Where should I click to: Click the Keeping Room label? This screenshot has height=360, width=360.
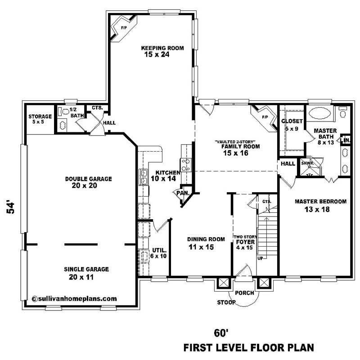coord(162,48)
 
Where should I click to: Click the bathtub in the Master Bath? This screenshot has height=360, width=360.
coord(321,113)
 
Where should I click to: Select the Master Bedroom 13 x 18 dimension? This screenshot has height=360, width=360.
coord(320,210)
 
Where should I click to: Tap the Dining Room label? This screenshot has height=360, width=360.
coord(200,239)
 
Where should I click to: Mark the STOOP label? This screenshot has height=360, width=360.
coord(225,302)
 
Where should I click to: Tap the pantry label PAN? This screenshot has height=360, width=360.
coord(182,193)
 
